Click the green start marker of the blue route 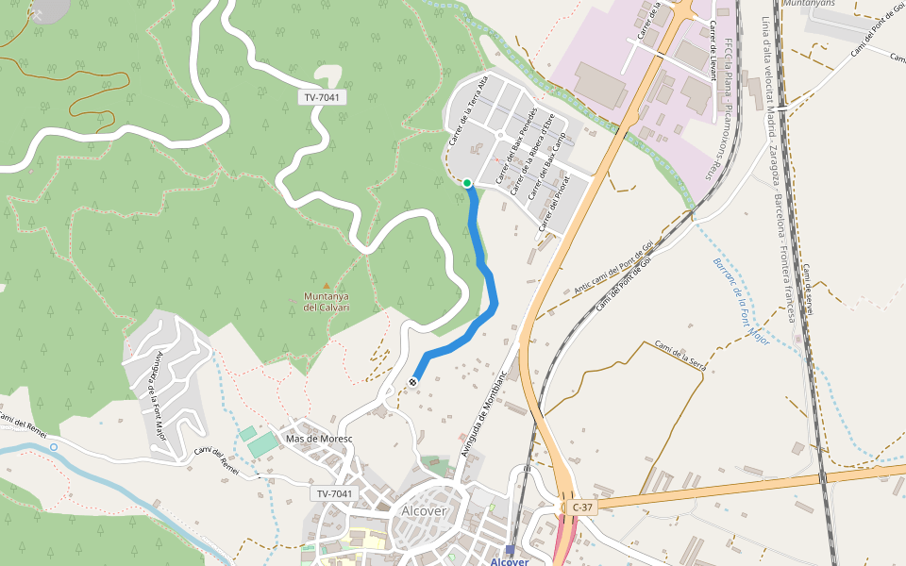pos(467,183)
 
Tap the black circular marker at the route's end pos(413,381)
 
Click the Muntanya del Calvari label pos(327,302)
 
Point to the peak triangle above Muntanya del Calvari pos(327,285)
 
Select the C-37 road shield pos(582,508)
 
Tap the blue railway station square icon pos(511,550)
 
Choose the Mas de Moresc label pos(319,440)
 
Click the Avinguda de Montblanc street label pos(484,413)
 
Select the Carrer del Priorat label pos(554,203)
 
